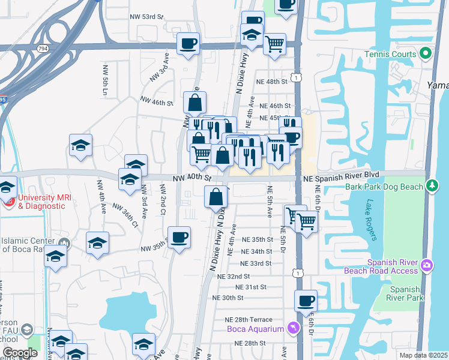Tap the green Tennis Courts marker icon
pyautogui.click(x=426, y=55)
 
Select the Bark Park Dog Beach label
pyautogui.click(x=385, y=187)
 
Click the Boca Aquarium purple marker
pyautogui.click(x=292, y=328)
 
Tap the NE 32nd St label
pyautogui.click(x=234, y=277)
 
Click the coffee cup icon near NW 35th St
pyautogui.click(x=179, y=238)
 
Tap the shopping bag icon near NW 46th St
pyautogui.click(x=195, y=103)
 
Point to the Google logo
pyautogui.click(x=20, y=353)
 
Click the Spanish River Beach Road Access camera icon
pyautogui.click(x=426, y=265)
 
